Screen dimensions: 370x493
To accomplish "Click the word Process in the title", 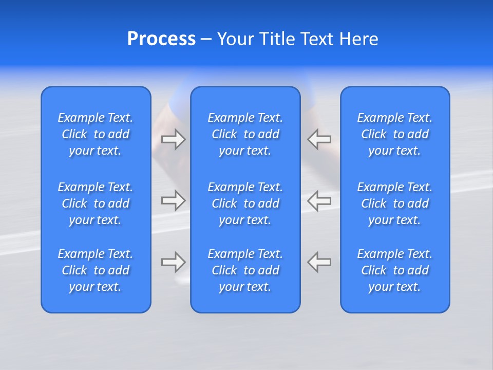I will point(161,39).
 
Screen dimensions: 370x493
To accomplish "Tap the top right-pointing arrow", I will point(173,139).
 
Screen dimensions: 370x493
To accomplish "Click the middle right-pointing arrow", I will point(173,200).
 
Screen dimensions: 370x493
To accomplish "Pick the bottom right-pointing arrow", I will point(173,262).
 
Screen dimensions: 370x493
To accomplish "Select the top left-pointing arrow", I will point(319,139).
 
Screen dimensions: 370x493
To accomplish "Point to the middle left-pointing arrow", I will point(319,200).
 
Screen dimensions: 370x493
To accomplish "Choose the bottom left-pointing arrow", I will point(319,262).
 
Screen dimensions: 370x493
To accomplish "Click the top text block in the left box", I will point(96,134).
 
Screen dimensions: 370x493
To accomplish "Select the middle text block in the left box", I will point(96,203).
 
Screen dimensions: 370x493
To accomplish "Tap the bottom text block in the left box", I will point(96,270).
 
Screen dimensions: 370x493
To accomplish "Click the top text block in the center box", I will point(245,134).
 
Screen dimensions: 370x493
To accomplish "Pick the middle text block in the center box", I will point(245,203).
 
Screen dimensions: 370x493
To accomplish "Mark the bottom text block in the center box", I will point(245,270).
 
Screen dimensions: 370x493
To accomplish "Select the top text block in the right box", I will point(394,134).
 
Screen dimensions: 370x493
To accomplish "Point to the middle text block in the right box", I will point(394,203).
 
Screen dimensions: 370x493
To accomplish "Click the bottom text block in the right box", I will point(394,270).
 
